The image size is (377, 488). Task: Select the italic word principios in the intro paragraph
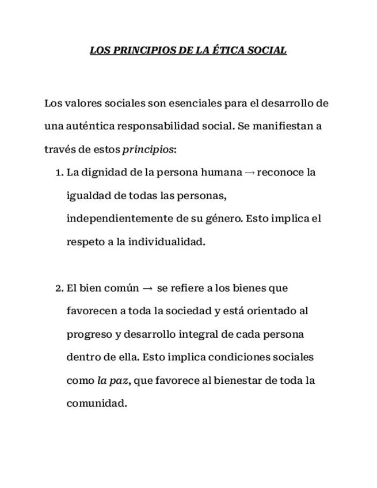pyautogui.click(x=147, y=150)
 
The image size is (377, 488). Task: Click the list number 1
pyautogui.click(x=58, y=173)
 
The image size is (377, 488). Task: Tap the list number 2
pyautogui.click(x=58, y=288)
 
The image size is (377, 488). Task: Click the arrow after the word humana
pyautogui.click(x=249, y=173)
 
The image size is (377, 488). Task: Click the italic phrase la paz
pyautogui.click(x=112, y=380)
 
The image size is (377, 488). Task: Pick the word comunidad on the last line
pyautogui.click(x=96, y=403)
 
